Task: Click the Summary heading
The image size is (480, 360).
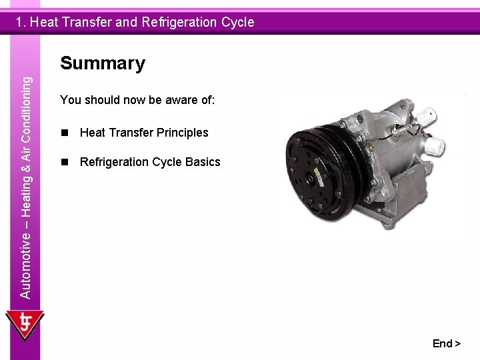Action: pos(102,64)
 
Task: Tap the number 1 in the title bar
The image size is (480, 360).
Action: pos(21,22)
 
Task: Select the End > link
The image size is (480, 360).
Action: pos(446,343)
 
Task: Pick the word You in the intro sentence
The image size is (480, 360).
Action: pos(69,100)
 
